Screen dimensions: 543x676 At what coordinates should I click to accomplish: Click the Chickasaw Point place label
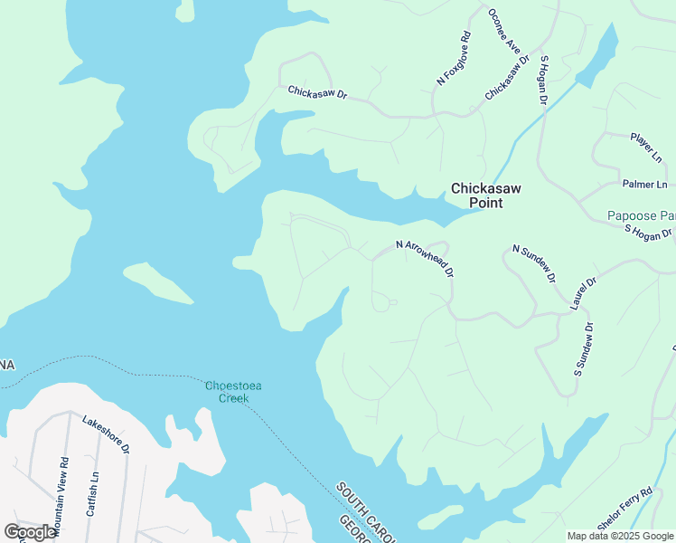pyautogui.click(x=476, y=195)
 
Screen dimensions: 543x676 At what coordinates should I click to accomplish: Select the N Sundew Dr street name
pyautogui.click(x=533, y=262)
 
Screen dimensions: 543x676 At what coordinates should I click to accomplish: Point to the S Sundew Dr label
pyautogui.click(x=583, y=349)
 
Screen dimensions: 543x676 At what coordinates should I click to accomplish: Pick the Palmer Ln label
pyautogui.click(x=644, y=185)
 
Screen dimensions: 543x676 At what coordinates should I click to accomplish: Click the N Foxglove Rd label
pyautogui.click(x=454, y=59)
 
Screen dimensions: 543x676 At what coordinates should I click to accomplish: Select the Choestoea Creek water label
pyautogui.click(x=232, y=392)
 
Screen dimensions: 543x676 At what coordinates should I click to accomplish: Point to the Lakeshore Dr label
pyautogui.click(x=106, y=434)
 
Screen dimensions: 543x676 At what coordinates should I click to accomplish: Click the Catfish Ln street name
pyautogui.click(x=92, y=494)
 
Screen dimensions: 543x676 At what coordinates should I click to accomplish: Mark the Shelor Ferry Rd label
pyautogui.click(x=624, y=505)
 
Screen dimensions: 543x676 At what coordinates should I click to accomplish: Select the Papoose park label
pyautogui.click(x=641, y=216)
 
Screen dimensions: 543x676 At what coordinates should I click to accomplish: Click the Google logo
pyautogui.click(x=30, y=532)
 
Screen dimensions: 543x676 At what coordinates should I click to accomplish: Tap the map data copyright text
pyautogui.click(x=620, y=536)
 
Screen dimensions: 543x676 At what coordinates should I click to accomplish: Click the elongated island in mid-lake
pyautogui.click(x=158, y=282)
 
